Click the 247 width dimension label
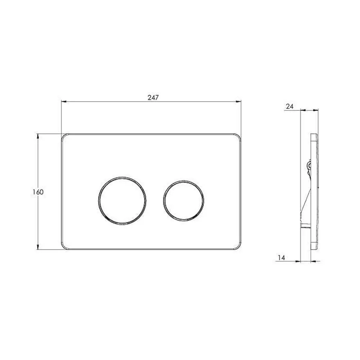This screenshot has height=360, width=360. coord(153,98)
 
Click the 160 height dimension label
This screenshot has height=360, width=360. coord(38,192)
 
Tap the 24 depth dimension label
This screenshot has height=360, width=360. coord(289,107)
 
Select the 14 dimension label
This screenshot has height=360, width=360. coord(281,258)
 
